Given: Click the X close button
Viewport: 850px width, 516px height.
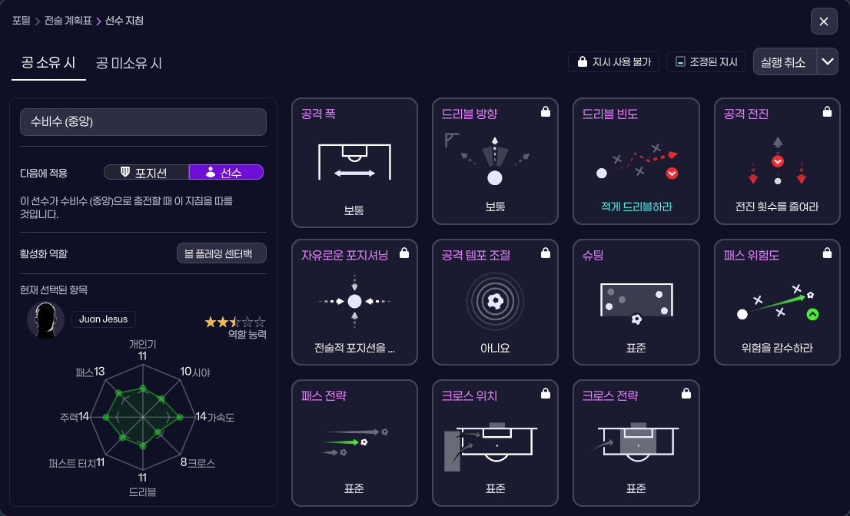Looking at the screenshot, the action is pyautogui.click(x=824, y=21).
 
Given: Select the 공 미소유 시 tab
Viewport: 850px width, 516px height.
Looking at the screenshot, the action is pyautogui.click(x=129, y=63).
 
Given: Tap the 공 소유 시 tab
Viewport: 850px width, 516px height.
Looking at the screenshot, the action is pyautogui.click(x=48, y=63).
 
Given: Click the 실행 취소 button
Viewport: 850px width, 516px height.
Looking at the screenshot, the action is pyautogui.click(x=783, y=62).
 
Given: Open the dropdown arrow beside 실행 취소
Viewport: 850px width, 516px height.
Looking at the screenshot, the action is pyautogui.click(x=827, y=62).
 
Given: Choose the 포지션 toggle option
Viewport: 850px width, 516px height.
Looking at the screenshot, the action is pyautogui.click(x=146, y=173).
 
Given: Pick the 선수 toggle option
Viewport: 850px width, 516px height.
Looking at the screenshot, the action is pyautogui.click(x=226, y=173).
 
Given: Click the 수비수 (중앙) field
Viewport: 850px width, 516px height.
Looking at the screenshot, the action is pyautogui.click(x=143, y=122).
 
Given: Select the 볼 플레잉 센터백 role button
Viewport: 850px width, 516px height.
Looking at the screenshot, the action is pyautogui.click(x=220, y=253).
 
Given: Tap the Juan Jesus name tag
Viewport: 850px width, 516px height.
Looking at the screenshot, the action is pyautogui.click(x=104, y=319).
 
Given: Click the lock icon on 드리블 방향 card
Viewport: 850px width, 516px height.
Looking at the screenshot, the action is pyautogui.click(x=546, y=112).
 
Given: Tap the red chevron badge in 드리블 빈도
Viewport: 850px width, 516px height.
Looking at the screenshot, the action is pyautogui.click(x=672, y=174).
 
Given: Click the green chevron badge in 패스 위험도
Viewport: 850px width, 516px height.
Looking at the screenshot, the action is pyautogui.click(x=812, y=314).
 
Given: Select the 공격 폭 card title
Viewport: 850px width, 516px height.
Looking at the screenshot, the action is pyautogui.click(x=318, y=114).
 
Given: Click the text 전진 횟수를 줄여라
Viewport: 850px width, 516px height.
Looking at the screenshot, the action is pyautogui.click(x=777, y=207).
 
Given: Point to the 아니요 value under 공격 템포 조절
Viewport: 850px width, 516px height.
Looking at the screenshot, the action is pyautogui.click(x=495, y=348).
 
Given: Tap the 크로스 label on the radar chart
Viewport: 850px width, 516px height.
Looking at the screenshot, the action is pyautogui.click(x=201, y=463).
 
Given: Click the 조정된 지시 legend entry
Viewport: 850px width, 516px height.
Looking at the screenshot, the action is pyautogui.click(x=706, y=62).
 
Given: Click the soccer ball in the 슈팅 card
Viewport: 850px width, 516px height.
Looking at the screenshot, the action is pyautogui.click(x=636, y=319).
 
